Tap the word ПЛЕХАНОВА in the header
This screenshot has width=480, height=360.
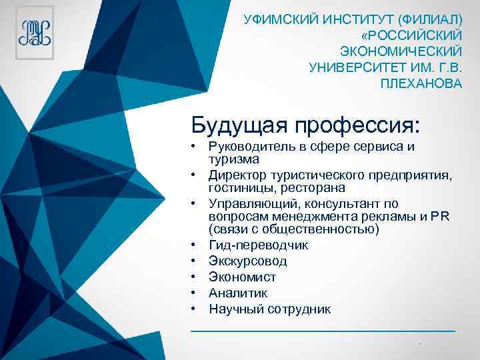tap(420, 83)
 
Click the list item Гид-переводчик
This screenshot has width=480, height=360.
tap(259, 245)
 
